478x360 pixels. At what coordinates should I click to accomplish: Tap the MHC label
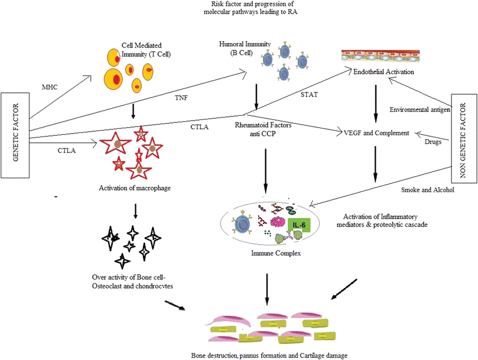tap(50, 87)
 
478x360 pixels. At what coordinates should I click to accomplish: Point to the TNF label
tap(181, 98)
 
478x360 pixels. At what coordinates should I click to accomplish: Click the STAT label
tap(309, 95)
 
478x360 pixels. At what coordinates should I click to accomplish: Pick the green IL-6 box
tap(299, 225)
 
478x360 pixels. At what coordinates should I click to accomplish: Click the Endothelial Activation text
tap(383, 72)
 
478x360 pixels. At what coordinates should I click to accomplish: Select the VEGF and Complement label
tap(376, 133)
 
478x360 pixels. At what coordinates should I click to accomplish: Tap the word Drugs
tap(433, 142)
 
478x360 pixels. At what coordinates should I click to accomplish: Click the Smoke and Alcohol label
tap(427, 190)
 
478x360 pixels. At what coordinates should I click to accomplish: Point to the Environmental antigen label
tap(420, 109)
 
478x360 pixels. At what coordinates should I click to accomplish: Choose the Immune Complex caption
tap(276, 253)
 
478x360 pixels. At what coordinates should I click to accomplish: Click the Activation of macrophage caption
tap(135, 188)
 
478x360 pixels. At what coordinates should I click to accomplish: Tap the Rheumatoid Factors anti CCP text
tap(263, 129)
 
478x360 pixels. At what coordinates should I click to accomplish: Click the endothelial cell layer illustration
tap(380, 56)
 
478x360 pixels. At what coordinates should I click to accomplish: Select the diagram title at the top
tap(250, 8)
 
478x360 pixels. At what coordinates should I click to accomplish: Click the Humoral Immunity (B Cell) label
tap(245, 48)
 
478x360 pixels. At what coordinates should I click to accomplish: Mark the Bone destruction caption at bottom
tap(269, 355)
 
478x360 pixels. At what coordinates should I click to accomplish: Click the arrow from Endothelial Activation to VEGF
tap(376, 104)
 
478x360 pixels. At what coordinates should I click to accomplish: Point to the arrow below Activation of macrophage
tap(135, 211)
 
